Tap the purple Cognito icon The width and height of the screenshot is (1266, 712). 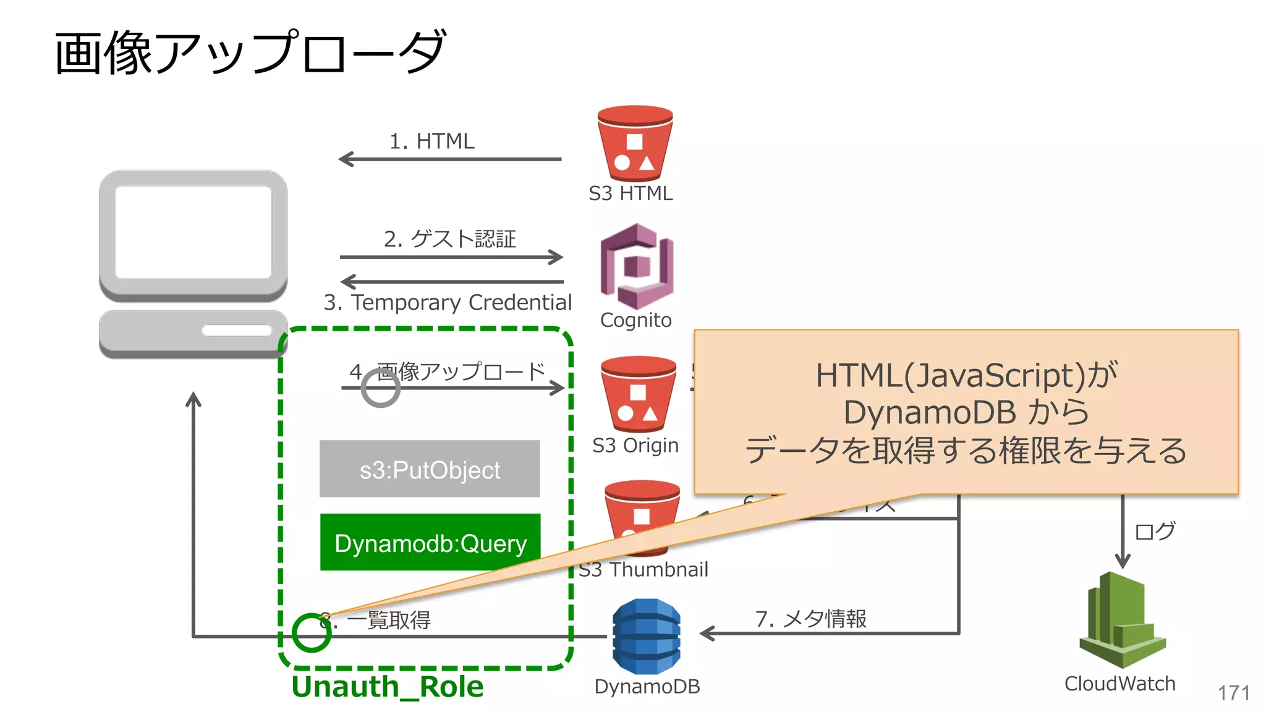point(636,266)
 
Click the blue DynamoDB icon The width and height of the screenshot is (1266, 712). point(647,636)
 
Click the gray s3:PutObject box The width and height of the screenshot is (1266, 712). point(430,469)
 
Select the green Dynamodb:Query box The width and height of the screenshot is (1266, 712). point(430,543)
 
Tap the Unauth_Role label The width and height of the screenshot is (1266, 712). point(388,687)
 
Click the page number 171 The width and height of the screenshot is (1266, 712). point(1233,693)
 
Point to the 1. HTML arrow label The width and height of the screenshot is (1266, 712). point(431,141)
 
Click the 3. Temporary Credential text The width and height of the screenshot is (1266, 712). point(448,302)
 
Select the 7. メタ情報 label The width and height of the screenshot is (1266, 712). point(810,618)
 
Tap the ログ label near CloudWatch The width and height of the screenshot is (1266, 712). point(1154,531)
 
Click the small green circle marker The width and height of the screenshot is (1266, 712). point(311,632)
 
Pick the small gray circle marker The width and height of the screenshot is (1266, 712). point(381,388)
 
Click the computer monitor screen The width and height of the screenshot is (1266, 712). point(193,232)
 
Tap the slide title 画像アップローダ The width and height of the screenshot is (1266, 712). point(250,53)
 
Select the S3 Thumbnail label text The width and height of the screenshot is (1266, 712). point(644,569)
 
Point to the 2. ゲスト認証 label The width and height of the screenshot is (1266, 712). point(449,239)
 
